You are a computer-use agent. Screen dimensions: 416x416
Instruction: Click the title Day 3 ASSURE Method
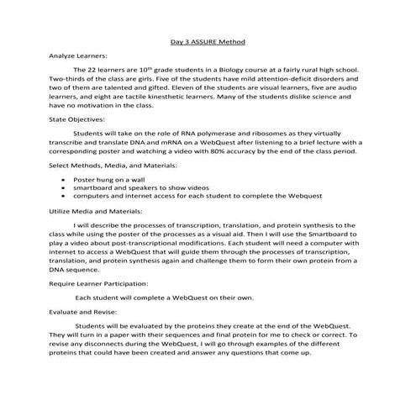208,40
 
